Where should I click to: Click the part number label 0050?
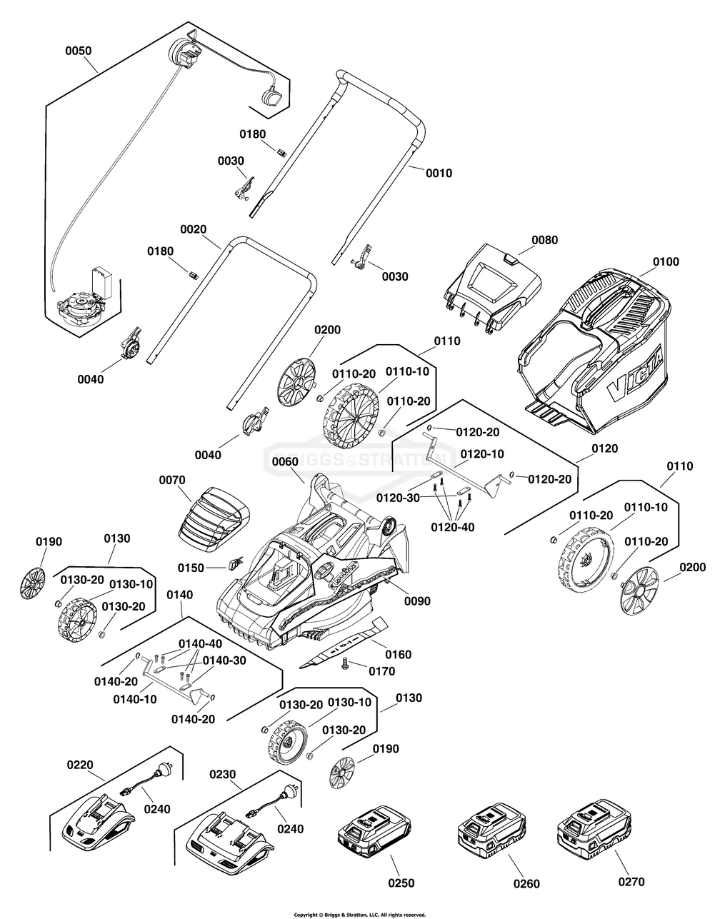pos(78,51)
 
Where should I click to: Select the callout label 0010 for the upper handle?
pos(439,173)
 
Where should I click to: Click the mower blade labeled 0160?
pos(343,644)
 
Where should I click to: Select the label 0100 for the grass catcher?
pos(666,262)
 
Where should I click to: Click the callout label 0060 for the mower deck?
pos(286,461)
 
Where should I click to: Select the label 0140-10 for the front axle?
pos(136,699)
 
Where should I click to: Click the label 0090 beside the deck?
pos(417,601)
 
